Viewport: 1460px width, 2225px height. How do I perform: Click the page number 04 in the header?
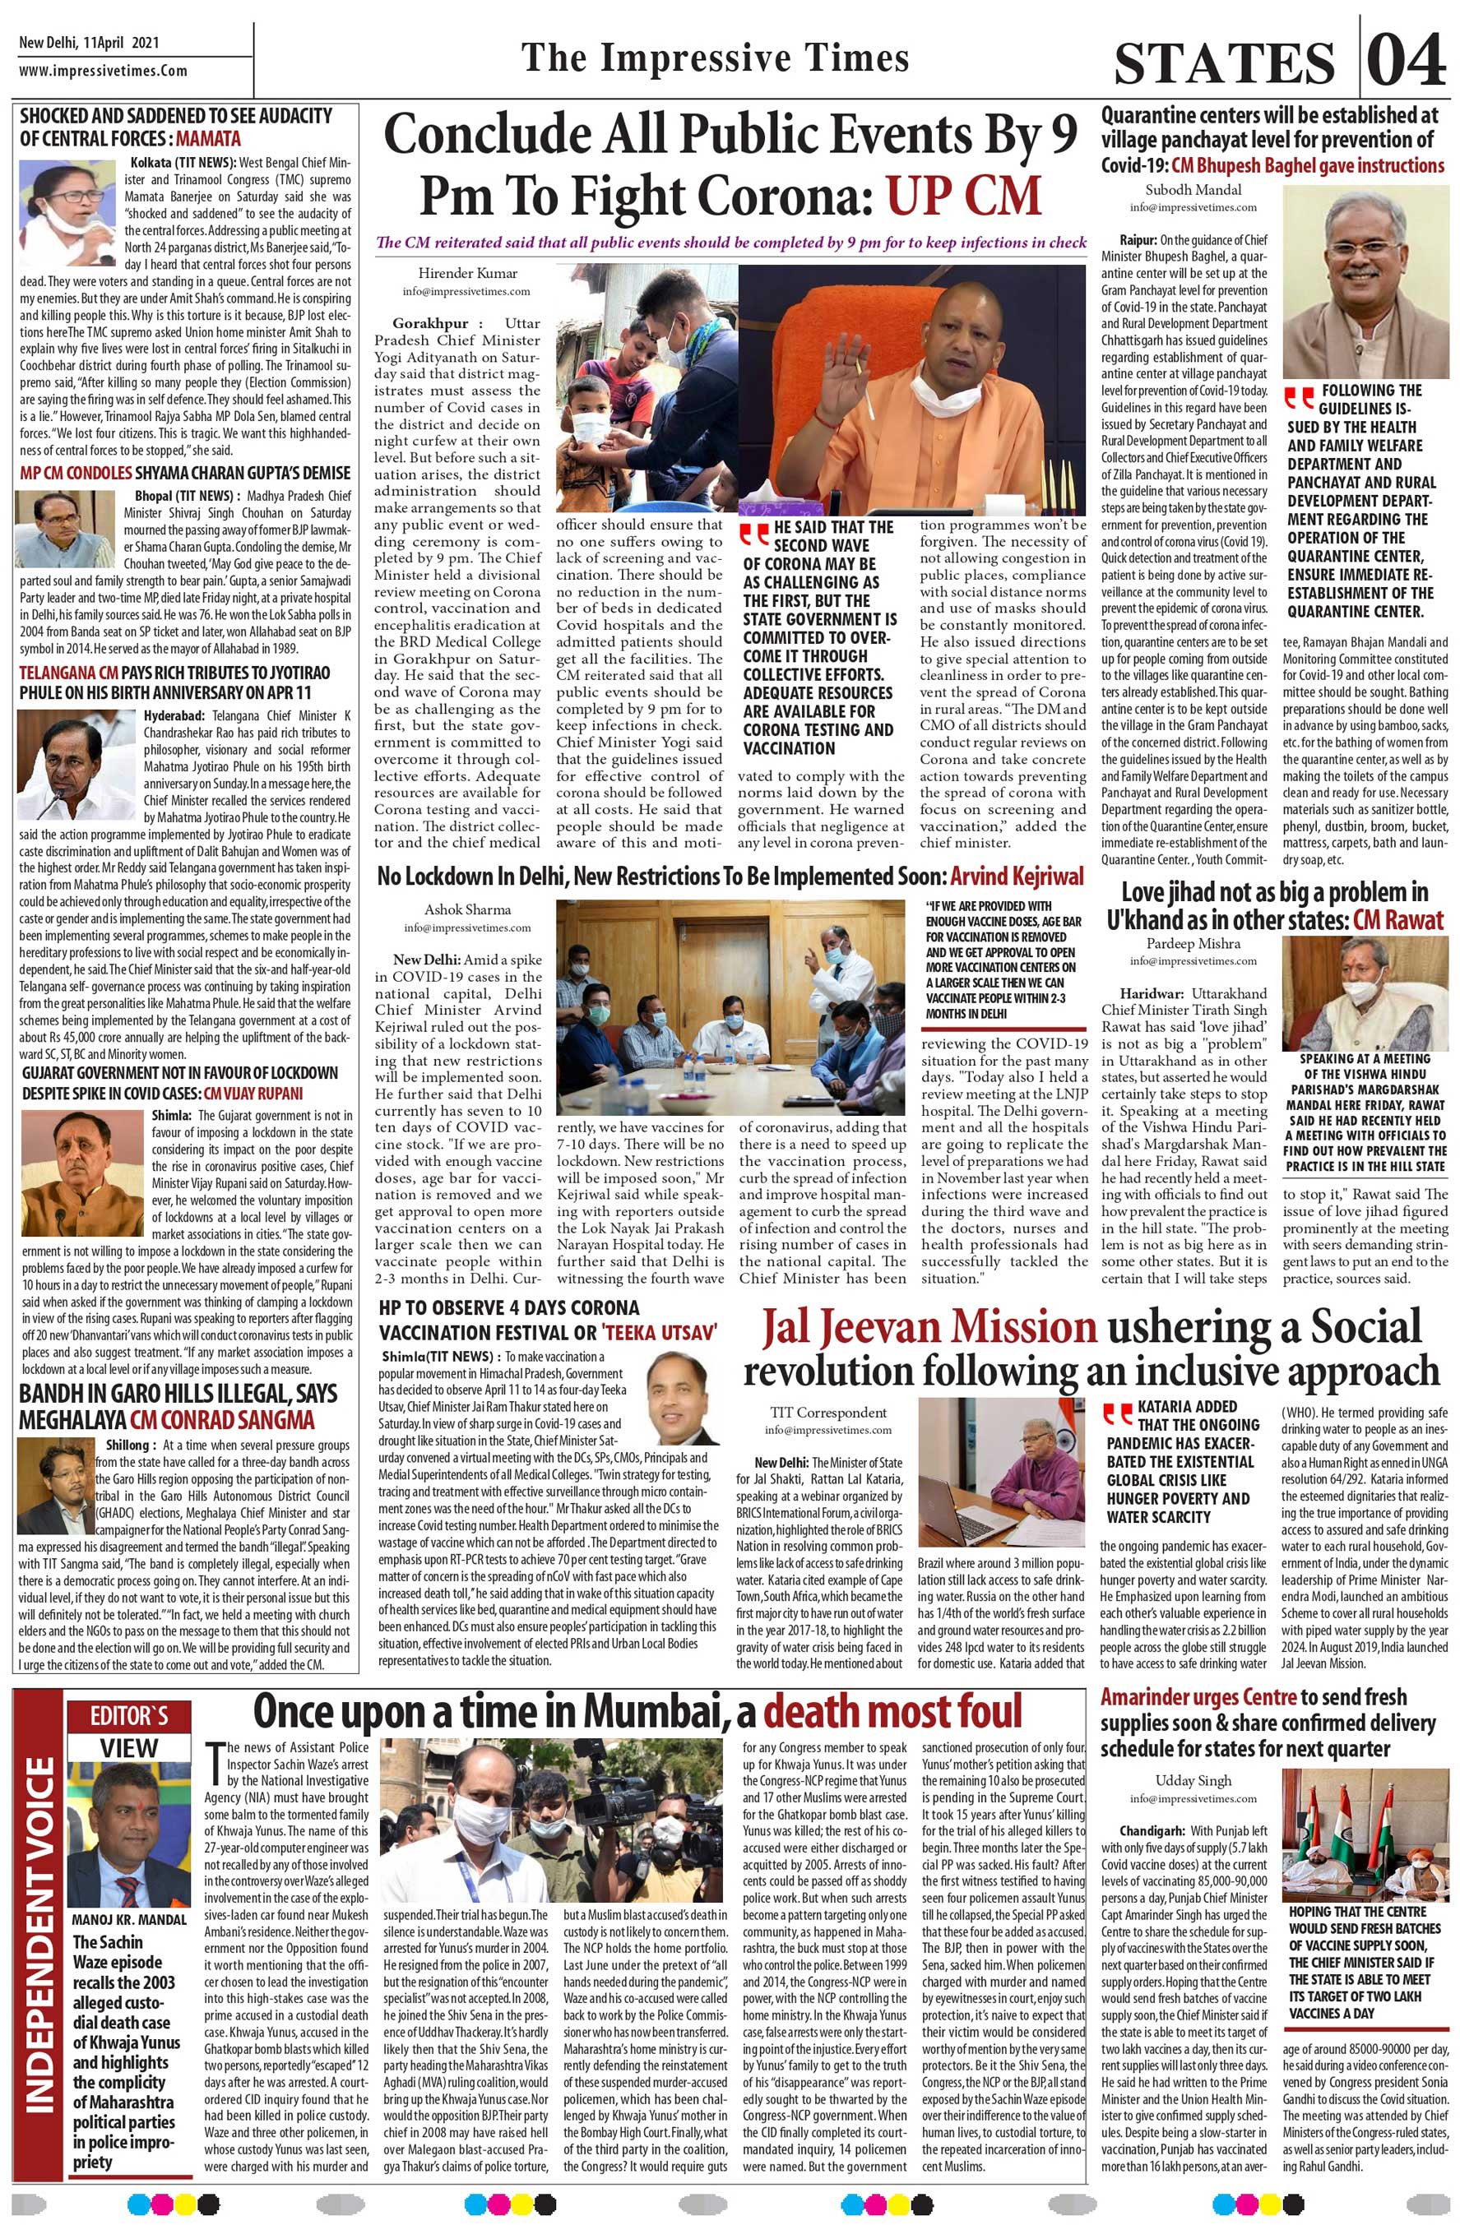(x=1405, y=61)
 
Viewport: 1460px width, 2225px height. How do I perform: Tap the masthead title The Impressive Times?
(x=716, y=58)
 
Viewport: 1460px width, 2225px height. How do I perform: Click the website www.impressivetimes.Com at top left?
(x=103, y=71)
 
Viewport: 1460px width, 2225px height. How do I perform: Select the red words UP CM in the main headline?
(x=964, y=194)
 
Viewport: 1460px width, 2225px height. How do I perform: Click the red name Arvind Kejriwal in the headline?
(x=1017, y=876)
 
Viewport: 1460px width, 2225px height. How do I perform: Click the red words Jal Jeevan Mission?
(x=929, y=1329)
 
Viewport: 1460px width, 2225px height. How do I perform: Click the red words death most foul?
(x=892, y=1710)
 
